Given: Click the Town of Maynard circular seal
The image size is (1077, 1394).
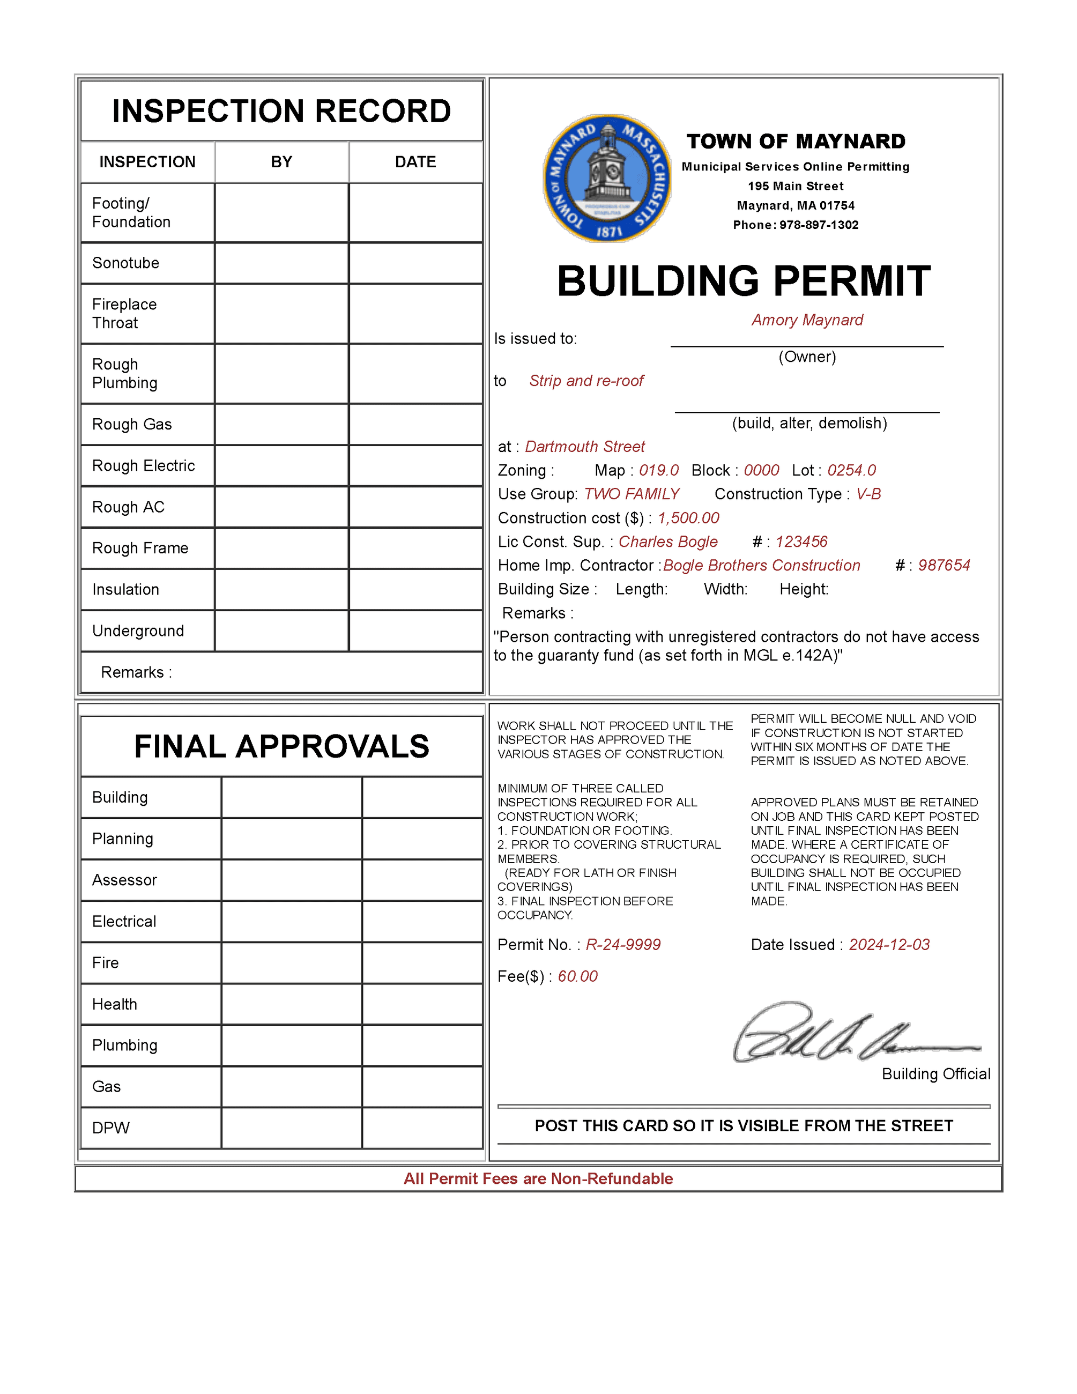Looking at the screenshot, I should point(607,178).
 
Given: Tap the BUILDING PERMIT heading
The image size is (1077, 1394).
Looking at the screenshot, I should point(744,281).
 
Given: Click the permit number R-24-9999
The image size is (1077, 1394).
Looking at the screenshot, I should point(623,945).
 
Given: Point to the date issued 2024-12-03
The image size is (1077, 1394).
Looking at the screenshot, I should point(889,945).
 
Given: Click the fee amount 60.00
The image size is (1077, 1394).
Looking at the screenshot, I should point(577,976).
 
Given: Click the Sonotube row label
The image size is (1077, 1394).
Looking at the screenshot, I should point(125,263).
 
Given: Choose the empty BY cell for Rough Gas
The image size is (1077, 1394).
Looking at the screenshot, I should point(281,425).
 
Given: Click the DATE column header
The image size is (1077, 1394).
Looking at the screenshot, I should point(415,162).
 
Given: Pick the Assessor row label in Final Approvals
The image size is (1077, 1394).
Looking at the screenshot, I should point(124,880).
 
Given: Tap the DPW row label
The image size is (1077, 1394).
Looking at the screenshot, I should point(111,1128).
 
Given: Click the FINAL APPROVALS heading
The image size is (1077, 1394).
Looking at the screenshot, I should point(281,747).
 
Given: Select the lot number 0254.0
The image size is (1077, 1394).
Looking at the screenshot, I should point(851,470).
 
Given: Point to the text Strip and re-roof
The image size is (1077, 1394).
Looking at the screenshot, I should point(586,381).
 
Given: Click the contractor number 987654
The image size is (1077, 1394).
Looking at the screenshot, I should point(944,566).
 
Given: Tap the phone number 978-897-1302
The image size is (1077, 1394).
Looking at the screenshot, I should point(819,225).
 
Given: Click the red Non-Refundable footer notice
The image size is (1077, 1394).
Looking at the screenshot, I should point(538,1179).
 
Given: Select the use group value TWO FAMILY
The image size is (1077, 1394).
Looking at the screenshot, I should point(632,494).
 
